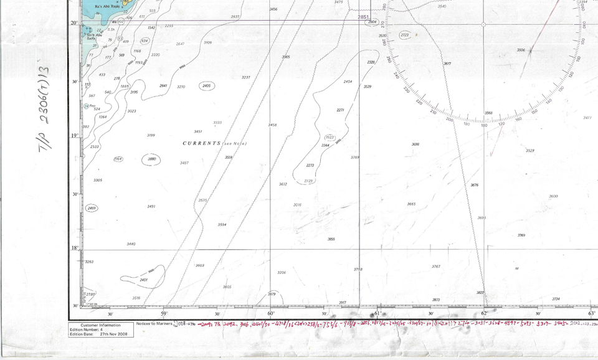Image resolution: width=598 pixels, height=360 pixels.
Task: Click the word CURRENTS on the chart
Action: point(201,143)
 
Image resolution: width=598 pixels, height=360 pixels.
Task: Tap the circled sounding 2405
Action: point(206,86)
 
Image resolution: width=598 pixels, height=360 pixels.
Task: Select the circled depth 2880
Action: point(151,159)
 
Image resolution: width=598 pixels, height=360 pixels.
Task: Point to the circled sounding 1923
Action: point(330,137)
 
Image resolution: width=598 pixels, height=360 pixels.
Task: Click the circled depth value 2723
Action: point(405,36)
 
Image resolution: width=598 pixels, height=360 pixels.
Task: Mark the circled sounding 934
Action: point(145,40)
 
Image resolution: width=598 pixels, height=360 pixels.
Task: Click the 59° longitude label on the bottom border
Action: point(164,314)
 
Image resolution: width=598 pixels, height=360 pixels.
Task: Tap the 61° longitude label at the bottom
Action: point(377,314)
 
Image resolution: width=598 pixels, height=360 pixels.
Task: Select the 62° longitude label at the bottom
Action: point(484,314)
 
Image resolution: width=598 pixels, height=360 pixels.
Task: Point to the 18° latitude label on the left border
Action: point(74,249)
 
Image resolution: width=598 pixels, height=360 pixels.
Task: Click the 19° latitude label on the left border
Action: point(74,135)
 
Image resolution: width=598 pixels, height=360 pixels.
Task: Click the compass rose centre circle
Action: point(484,24)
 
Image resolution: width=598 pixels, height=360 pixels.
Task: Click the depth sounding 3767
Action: point(436,267)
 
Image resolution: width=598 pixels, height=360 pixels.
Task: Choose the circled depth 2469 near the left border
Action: point(92,208)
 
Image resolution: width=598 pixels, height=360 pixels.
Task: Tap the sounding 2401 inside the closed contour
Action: point(144,280)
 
